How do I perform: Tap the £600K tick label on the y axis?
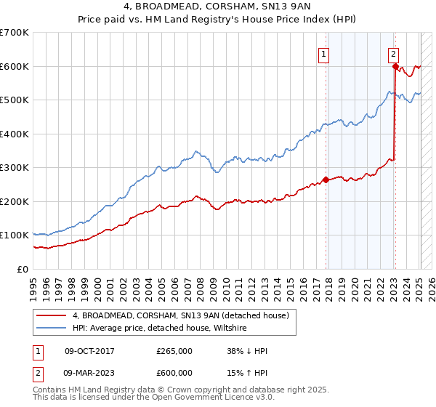[x=14, y=66]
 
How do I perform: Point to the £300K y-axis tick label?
[x=14, y=167]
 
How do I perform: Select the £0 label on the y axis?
[x=22, y=269]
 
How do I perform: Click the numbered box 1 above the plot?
[x=323, y=52]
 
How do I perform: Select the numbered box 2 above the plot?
[x=393, y=52]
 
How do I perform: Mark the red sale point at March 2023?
[x=395, y=67]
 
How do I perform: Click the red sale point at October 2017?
[x=326, y=180]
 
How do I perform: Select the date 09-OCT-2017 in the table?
[x=89, y=351]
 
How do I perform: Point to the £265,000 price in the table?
[x=174, y=351]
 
